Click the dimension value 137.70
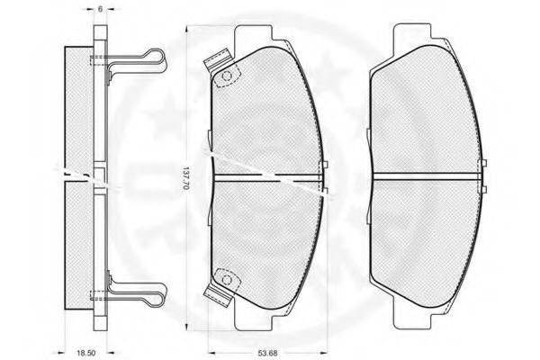[x=186, y=179]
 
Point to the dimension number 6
[x=100, y=9]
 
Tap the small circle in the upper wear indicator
[x=227, y=76]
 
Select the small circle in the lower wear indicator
[x=227, y=279]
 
